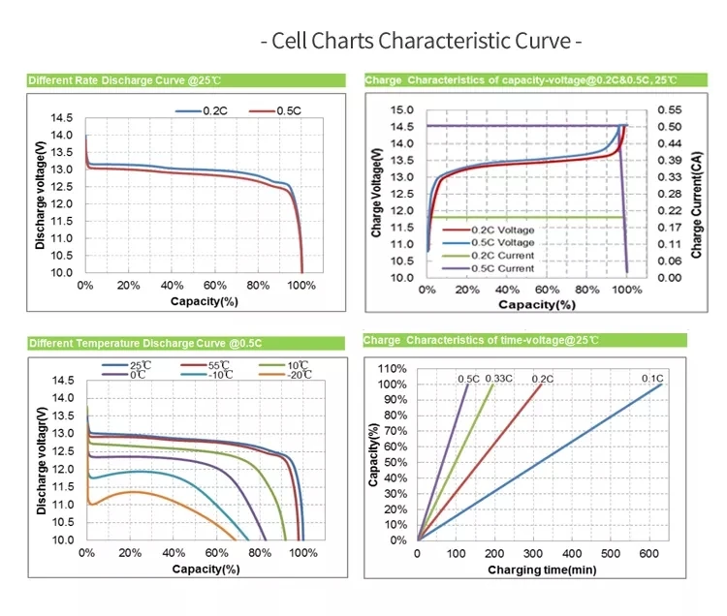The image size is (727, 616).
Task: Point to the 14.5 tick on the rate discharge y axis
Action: click(x=61, y=118)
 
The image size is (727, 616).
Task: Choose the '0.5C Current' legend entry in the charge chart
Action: click(x=501, y=268)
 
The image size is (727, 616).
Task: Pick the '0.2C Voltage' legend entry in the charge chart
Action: click(x=501, y=230)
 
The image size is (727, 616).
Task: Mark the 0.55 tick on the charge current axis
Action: click(x=670, y=110)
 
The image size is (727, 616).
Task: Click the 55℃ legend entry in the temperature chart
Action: click(x=219, y=366)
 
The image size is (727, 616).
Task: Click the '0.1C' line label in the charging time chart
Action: click(x=651, y=379)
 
